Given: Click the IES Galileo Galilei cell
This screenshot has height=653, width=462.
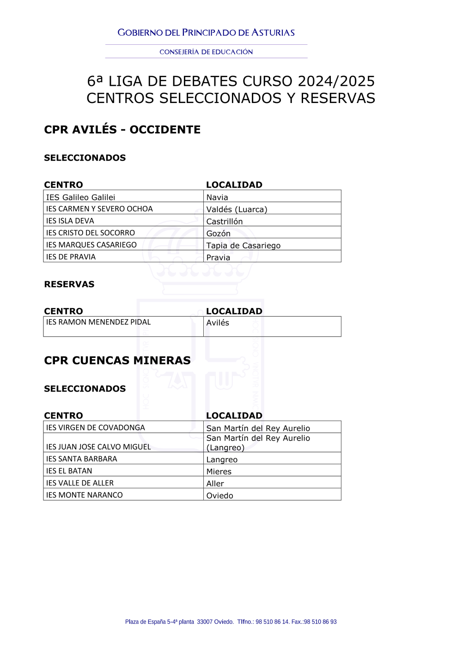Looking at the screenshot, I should pyautogui.click(x=80, y=197).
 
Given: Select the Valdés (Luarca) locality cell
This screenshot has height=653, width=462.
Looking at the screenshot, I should pyautogui.click(x=237, y=209).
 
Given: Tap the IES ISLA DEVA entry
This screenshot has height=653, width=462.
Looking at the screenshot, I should pyautogui.click(x=70, y=221).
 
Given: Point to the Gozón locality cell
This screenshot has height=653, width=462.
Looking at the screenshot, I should pyautogui.click(x=219, y=233).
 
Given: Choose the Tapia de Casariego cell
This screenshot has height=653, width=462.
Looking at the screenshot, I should pyautogui.click(x=243, y=245).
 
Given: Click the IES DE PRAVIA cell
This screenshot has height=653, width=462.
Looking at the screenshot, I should pyautogui.click(x=71, y=257).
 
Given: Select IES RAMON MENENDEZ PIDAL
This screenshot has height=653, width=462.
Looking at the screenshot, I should pyautogui.click(x=98, y=322).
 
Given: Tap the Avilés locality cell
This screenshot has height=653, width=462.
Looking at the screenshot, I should pyautogui.click(x=218, y=323).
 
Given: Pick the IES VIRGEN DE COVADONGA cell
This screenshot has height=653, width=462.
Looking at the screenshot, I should pyautogui.click(x=95, y=428).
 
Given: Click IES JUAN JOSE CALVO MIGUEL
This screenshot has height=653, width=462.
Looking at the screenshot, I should pyautogui.click(x=98, y=447).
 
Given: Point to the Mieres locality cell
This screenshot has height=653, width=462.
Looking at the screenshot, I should pyautogui.click(x=219, y=472).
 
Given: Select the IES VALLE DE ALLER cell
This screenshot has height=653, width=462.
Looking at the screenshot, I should pyautogui.click(x=80, y=483).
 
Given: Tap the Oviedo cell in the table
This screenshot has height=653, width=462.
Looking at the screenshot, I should pyautogui.click(x=220, y=496).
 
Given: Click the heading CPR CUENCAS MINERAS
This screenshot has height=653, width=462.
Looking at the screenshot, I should pyautogui.click(x=117, y=360).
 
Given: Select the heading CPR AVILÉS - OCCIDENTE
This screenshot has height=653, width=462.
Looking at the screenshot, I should pyautogui.click(x=122, y=129).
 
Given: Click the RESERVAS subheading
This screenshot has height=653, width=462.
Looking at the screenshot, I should pyautogui.click(x=69, y=284).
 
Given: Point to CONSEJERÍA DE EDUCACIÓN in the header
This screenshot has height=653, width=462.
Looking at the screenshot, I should pyautogui.click(x=206, y=52).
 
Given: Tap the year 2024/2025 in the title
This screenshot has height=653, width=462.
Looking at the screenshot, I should pyautogui.click(x=336, y=81).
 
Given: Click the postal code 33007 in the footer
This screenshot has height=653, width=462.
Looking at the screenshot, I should pyautogui.click(x=205, y=622).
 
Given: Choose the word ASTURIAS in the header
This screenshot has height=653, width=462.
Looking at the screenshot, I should pyautogui.click(x=273, y=33).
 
